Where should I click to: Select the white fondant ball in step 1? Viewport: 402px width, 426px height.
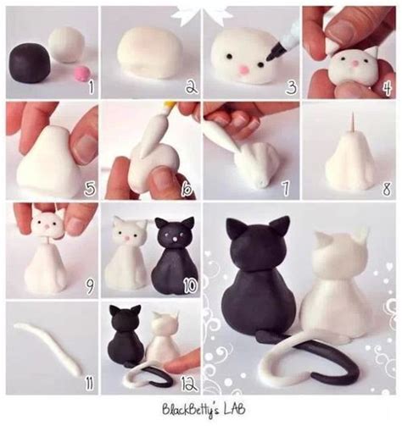click(65, 42)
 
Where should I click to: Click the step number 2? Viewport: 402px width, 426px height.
click(190, 86)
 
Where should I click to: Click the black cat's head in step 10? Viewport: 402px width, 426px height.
click(172, 235)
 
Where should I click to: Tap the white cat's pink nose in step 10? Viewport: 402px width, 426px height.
click(127, 239)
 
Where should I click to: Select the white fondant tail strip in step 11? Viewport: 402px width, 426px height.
click(50, 348)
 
